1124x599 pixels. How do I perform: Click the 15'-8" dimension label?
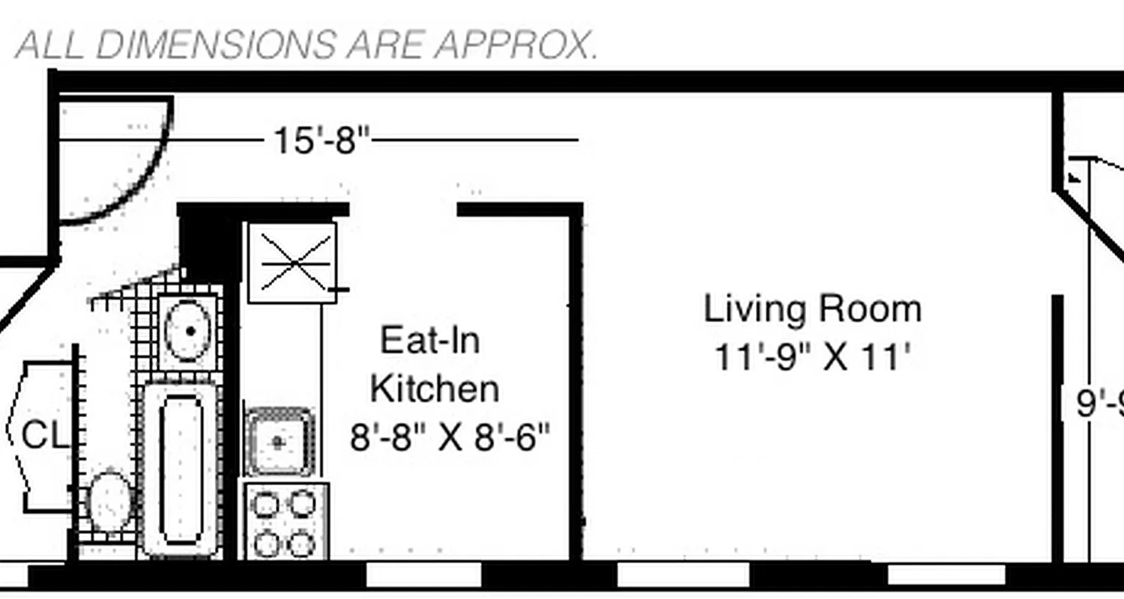tap(321, 140)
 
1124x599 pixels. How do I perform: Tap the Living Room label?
tap(812, 309)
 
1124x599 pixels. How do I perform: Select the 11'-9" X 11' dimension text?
tap(812, 357)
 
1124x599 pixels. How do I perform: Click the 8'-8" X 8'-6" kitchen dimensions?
tap(450, 437)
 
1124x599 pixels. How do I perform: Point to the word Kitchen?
tap(435, 389)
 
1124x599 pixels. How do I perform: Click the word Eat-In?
tap(430, 341)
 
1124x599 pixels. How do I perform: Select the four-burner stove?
tap(283, 522)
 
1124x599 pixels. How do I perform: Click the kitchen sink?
tap(279, 442)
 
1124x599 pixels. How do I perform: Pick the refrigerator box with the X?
tap(292, 262)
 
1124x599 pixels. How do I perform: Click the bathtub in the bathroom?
tap(181, 468)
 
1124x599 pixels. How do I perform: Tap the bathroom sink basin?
tap(188, 331)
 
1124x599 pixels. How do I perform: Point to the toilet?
tap(109, 500)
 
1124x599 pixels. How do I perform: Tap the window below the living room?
tap(683, 575)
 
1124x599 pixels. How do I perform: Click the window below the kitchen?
tap(423, 575)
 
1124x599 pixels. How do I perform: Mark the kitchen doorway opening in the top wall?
tap(403, 210)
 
